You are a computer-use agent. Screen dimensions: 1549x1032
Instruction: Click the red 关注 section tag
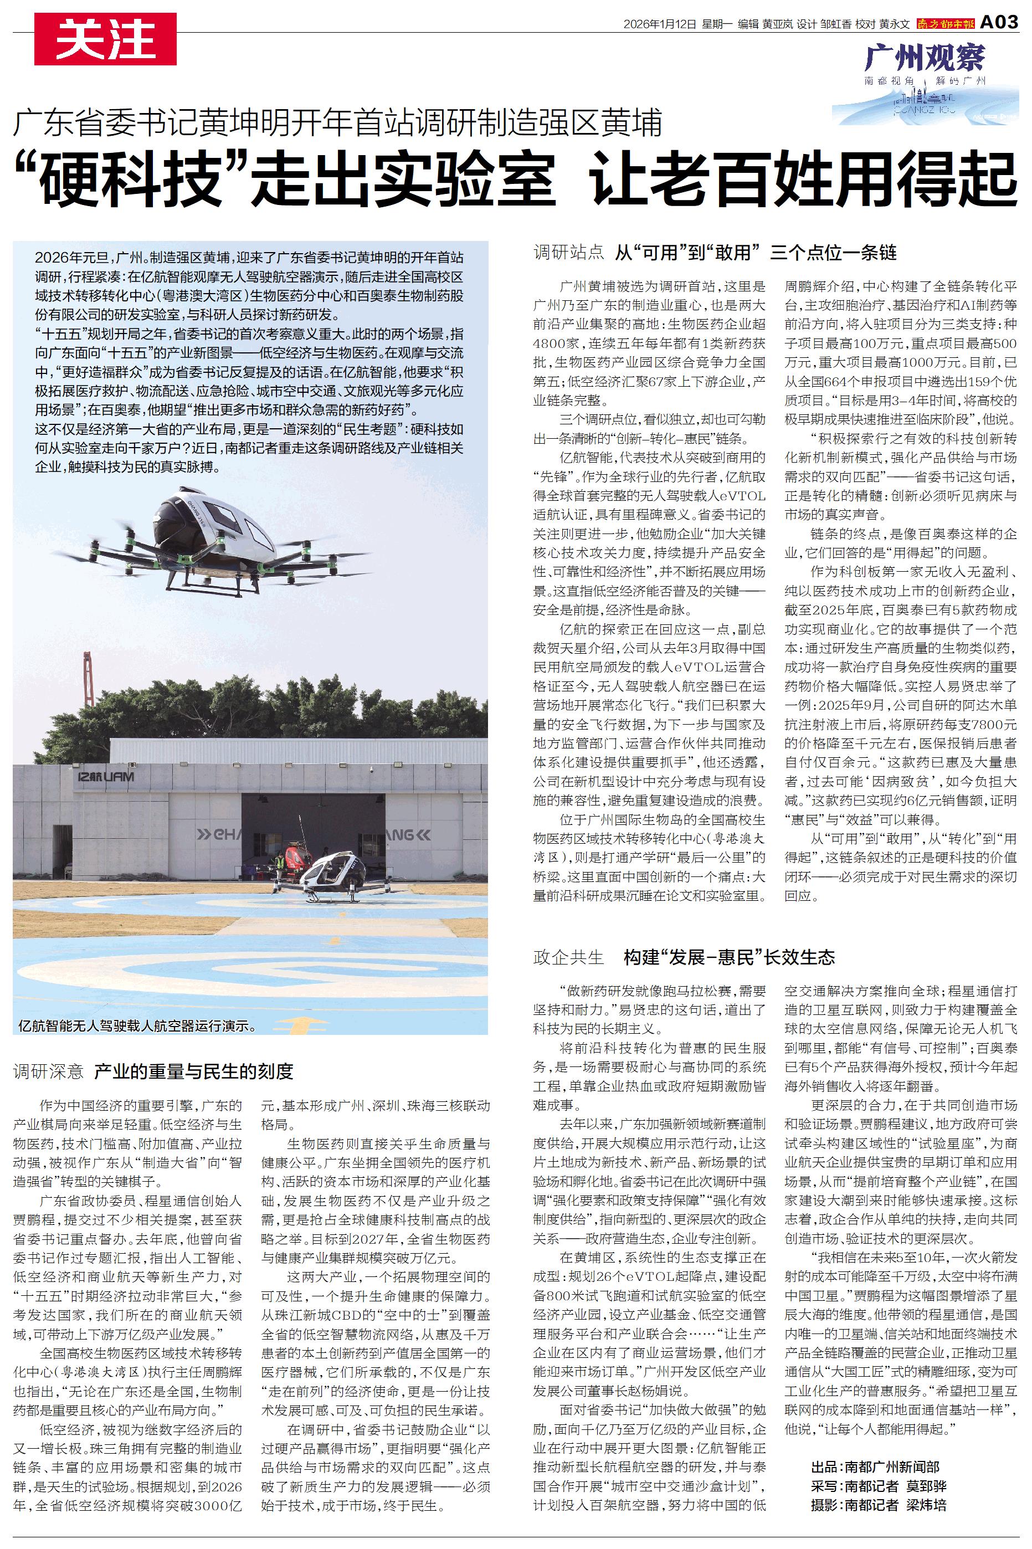point(105,39)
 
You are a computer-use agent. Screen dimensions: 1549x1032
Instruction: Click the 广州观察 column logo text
point(925,58)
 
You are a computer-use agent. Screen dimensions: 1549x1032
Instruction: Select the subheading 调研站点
point(568,252)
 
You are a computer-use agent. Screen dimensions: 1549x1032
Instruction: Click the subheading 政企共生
point(568,957)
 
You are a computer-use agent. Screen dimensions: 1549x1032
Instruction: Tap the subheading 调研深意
point(48,1071)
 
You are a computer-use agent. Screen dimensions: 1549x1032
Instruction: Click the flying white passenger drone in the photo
point(210,533)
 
